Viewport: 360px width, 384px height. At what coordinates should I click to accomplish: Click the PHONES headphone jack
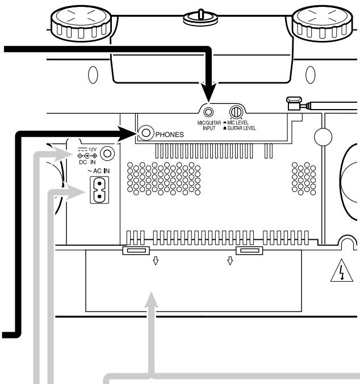tap(146, 133)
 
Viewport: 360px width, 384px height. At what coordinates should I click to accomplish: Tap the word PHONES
tap(169, 135)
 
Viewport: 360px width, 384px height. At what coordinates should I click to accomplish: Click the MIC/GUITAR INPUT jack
tap(208, 112)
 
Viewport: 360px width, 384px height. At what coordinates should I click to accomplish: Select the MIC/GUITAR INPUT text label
tap(209, 126)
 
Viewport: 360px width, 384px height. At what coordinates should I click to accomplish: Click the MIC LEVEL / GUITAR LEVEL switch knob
tap(236, 112)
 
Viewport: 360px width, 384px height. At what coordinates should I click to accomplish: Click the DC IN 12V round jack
tap(107, 153)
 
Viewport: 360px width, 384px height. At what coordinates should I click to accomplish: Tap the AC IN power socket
tap(99, 190)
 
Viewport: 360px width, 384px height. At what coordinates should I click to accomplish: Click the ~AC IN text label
tap(99, 171)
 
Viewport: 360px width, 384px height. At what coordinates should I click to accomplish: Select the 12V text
tap(93, 149)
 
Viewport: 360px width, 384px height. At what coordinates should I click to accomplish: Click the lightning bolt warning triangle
tap(342, 270)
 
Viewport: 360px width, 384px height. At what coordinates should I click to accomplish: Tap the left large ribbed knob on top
tap(81, 23)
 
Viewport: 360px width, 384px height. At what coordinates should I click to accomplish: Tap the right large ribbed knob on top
tap(323, 23)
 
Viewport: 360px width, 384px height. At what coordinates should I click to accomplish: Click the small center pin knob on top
tap(200, 17)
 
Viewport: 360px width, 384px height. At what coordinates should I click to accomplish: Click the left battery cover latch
tap(136, 251)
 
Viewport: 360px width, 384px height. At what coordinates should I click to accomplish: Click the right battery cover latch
tap(249, 251)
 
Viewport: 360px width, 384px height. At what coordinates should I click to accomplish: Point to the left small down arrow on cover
tap(156, 261)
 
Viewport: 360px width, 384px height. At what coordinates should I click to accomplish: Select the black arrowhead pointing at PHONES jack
tap(127, 133)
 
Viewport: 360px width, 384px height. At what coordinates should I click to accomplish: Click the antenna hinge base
tap(294, 103)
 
